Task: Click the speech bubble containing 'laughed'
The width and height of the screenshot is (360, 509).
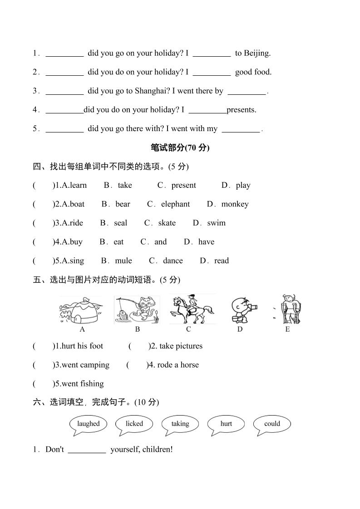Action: click(88, 424)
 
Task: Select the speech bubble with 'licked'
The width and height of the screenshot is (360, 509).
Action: click(134, 424)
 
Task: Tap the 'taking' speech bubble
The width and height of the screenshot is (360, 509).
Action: click(180, 424)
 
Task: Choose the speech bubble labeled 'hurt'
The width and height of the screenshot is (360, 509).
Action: click(226, 424)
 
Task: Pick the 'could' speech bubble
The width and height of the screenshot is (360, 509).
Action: click(272, 424)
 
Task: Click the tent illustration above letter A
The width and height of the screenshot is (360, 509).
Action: click(82, 310)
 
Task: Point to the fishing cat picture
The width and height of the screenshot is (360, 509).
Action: click(137, 310)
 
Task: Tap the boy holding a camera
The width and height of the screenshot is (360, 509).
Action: click(242, 310)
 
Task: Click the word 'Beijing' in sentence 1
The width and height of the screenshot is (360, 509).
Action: click(256, 53)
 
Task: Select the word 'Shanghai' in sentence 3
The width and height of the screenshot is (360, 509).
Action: click(150, 91)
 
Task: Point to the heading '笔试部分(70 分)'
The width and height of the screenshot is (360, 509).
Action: click(180, 147)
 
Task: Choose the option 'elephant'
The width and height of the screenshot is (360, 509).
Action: click(175, 204)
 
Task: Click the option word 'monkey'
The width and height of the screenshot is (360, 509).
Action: click(235, 204)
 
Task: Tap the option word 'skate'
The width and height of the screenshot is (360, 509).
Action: click(167, 223)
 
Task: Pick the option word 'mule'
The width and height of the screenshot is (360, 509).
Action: click(123, 261)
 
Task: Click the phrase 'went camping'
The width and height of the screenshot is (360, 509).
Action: click(85, 365)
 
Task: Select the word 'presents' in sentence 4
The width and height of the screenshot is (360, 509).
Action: click(242, 110)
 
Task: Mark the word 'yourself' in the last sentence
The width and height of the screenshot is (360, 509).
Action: click(124, 450)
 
